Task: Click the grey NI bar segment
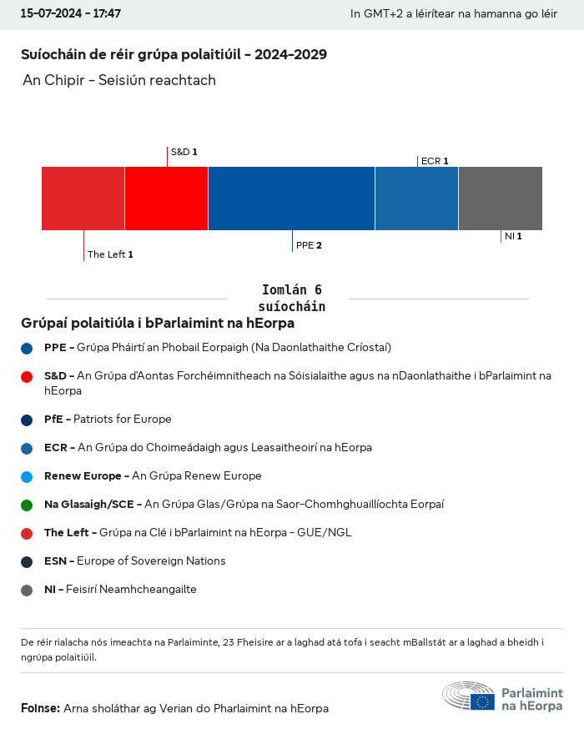501,199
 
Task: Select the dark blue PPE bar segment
291,199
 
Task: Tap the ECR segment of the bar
416,199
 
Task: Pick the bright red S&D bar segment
166,199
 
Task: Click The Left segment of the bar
83,199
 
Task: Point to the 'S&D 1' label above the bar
184,152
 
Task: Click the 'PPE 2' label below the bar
309,245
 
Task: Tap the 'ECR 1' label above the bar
435,161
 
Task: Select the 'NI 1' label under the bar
513,236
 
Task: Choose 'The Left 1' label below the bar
110,254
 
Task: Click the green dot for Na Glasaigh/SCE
27,505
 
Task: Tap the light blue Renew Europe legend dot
27,476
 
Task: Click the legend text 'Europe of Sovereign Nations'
151,561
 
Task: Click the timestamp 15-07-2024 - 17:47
71,14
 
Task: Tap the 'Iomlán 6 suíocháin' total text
291,298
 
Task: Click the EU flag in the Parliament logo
482,701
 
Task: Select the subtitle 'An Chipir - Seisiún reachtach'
119,80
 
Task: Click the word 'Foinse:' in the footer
40,708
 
